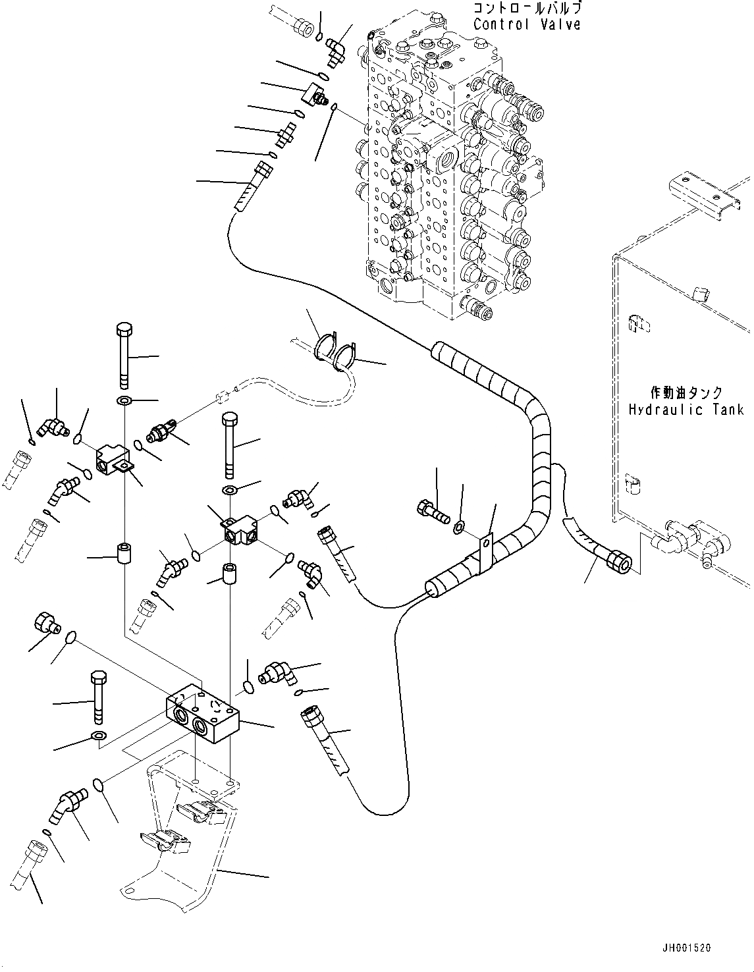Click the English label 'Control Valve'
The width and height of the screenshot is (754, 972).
tap(527, 24)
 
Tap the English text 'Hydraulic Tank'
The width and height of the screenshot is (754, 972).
tap(686, 410)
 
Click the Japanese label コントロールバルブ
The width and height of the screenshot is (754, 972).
tap(527, 9)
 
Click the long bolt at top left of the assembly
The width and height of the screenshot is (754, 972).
tap(124, 356)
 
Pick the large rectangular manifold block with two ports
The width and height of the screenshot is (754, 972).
tap(203, 709)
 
